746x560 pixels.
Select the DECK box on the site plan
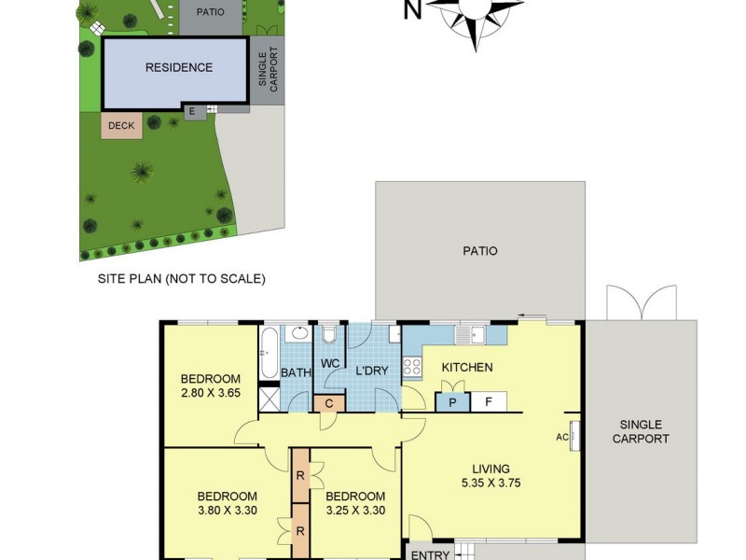click(x=121, y=126)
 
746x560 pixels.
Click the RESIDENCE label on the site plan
click(x=178, y=67)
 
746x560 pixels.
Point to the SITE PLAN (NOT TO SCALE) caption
click(x=182, y=278)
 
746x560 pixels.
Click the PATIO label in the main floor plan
click(x=479, y=251)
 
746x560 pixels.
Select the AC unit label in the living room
click(x=562, y=436)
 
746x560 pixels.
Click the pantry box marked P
click(x=452, y=402)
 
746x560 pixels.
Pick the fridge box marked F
click(x=488, y=402)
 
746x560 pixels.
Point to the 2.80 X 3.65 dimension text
click(x=210, y=394)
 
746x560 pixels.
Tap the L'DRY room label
click(x=371, y=371)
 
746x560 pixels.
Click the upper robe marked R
click(x=300, y=475)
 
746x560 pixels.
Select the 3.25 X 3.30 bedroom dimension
click(x=355, y=511)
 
